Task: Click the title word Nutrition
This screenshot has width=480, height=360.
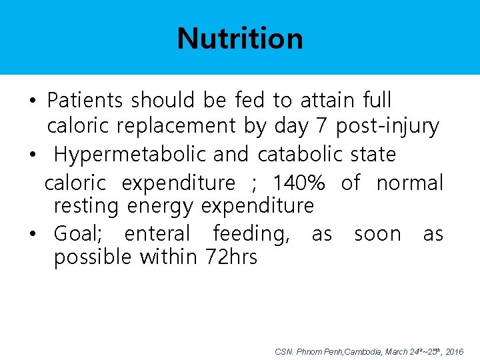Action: pyautogui.click(x=240, y=38)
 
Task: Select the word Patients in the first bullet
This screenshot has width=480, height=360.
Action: pyautogui.click(x=85, y=101)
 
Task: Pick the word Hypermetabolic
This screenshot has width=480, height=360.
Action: pyautogui.click(x=131, y=155)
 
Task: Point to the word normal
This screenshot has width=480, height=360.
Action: pyautogui.click(x=409, y=183)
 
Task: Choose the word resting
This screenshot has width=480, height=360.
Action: pyautogui.click(x=87, y=206)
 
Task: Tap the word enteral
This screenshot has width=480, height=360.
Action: pyautogui.click(x=157, y=234)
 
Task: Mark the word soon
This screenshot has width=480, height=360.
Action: pyautogui.click(x=377, y=234)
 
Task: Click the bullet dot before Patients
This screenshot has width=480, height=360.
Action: pyautogui.click(x=32, y=102)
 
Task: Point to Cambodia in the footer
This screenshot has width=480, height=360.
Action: pyautogui.click(x=361, y=351)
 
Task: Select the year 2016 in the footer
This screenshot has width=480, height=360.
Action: pyautogui.click(x=454, y=351)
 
